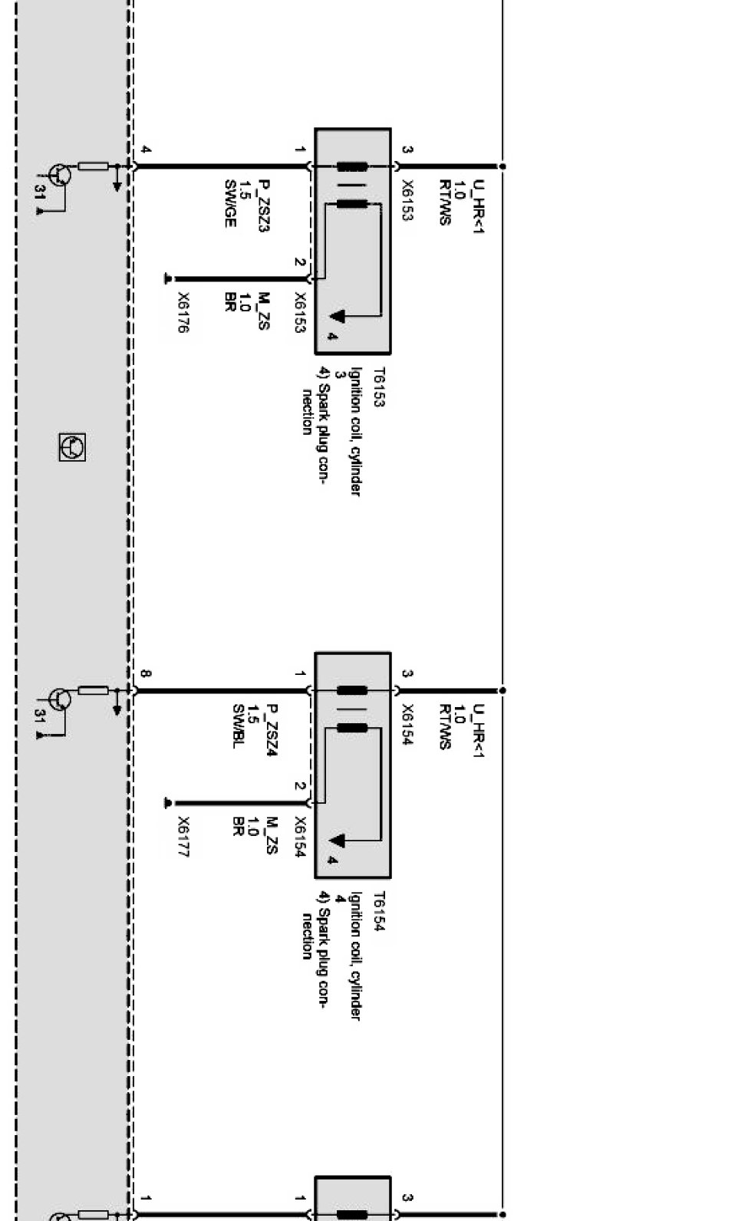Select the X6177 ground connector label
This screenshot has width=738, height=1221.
point(183,837)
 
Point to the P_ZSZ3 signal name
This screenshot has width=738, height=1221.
point(263,206)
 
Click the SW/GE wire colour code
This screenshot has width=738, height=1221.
point(229,203)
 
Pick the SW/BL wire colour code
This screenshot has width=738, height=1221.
point(238,725)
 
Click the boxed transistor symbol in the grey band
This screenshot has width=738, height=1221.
point(72,446)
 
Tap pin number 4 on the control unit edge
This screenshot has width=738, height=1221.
point(145,150)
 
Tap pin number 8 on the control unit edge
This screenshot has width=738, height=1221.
point(145,674)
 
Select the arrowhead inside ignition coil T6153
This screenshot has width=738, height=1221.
point(338,315)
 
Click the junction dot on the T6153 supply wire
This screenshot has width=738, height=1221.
point(502,166)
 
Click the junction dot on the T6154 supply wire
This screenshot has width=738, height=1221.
point(502,690)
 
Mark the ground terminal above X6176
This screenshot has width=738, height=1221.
point(169,279)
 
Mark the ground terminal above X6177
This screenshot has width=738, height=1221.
point(169,804)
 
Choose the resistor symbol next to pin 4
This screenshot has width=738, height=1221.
point(94,166)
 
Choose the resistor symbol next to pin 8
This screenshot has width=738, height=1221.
point(94,690)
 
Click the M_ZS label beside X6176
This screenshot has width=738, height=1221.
point(263,311)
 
